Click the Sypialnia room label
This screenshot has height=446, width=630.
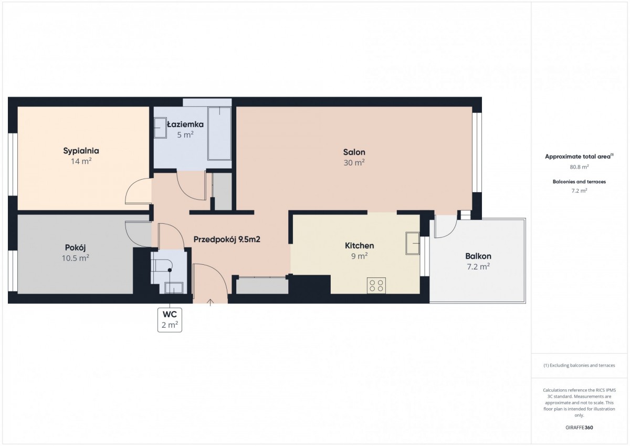(81, 151)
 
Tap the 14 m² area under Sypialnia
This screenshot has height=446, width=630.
(81, 161)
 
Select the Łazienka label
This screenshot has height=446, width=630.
(185, 125)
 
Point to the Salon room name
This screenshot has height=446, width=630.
(354, 152)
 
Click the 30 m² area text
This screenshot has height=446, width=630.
(354, 163)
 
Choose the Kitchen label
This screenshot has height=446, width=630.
(360, 246)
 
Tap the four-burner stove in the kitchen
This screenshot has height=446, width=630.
(376, 285)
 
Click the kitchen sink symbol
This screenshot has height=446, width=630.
(412, 243)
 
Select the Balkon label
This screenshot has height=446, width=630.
(478, 256)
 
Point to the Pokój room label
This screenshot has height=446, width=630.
(76, 248)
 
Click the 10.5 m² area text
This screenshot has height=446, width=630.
(76, 258)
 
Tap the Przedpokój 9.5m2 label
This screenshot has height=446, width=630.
(227, 240)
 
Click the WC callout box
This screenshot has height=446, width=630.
(170, 320)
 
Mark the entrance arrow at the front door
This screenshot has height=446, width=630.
(210, 302)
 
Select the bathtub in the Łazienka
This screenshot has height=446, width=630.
(219, 133)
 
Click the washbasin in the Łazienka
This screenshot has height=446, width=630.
(160, 128)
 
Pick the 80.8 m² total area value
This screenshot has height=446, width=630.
(579, 167)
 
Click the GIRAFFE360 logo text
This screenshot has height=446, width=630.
(579, 428)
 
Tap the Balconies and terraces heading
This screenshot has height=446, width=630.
(579, 182)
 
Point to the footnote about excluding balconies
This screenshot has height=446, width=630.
(579, 365)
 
